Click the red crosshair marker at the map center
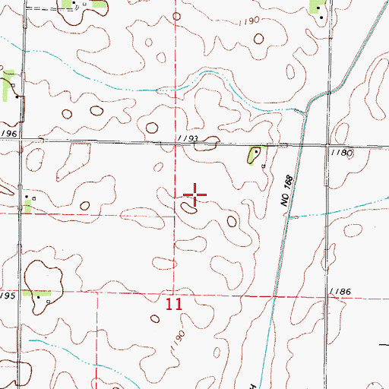194,194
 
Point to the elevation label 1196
8,134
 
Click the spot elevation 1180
343,153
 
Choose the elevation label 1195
8,295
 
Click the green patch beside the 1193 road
251,155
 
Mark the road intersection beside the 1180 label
329,146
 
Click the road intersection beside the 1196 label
21,141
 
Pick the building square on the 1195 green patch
49,301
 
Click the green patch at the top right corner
316,7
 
